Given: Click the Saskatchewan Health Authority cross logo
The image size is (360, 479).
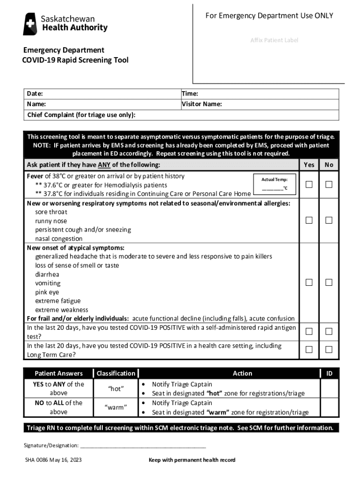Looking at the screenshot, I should tap(30, 24).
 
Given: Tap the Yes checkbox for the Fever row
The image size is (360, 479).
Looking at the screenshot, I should tap(309, 184).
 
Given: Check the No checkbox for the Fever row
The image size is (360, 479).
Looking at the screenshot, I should tap(329, 184).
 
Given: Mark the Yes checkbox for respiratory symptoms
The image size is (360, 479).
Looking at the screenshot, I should tap(309, 220).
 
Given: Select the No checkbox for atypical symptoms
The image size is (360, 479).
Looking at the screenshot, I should tap(329, 282).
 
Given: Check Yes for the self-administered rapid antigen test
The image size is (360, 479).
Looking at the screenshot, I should tap(309, 331).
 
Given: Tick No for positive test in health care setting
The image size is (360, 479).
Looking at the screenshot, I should tap(329, 349).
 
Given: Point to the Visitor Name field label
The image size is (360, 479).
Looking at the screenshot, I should tap(202, 104).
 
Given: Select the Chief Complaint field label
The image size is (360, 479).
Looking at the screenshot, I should tap(81, 115).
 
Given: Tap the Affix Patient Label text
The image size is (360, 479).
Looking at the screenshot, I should tap(274, 40).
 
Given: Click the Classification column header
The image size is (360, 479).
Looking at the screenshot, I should tap(115, 373).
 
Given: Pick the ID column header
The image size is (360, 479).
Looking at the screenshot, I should tap(329, 373).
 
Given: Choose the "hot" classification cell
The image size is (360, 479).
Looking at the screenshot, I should tap(115, 389).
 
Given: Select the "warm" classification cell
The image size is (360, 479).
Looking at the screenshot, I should tap(115, 407).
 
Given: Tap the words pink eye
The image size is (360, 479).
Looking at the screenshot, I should tap(47, 292).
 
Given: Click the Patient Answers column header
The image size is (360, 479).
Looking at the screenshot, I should tap(58, 373).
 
